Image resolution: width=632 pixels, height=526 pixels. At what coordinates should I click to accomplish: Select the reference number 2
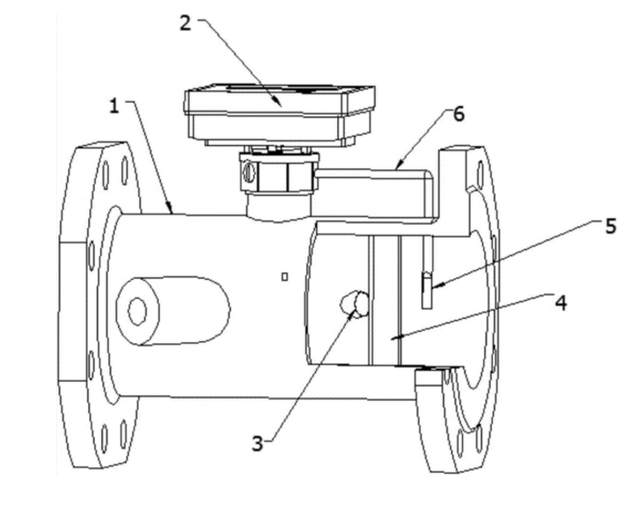184,22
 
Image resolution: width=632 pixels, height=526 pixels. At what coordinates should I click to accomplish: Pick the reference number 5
610,227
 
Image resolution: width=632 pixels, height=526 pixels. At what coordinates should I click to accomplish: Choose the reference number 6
458,114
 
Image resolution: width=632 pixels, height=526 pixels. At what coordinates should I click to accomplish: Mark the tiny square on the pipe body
285,276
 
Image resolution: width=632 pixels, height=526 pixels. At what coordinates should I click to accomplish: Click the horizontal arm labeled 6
374,181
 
